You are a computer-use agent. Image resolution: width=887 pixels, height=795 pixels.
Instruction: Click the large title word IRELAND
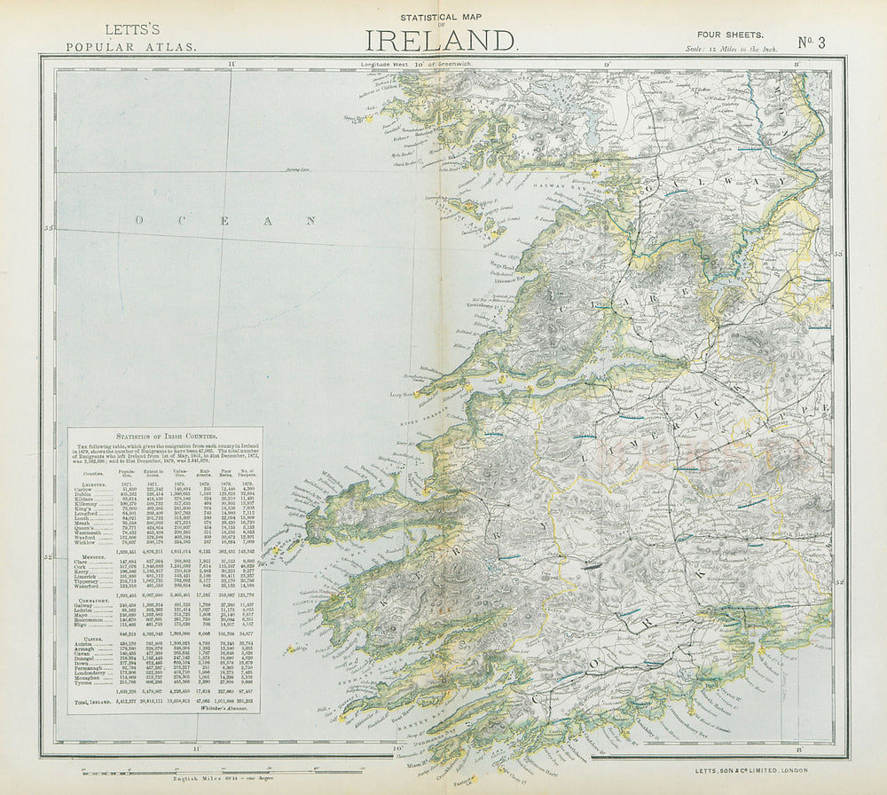(x=441, y=40)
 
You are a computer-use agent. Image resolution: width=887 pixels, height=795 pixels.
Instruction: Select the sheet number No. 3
(x=812, y=41)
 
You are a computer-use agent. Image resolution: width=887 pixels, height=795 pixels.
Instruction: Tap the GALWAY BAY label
(x=555, y=187)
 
